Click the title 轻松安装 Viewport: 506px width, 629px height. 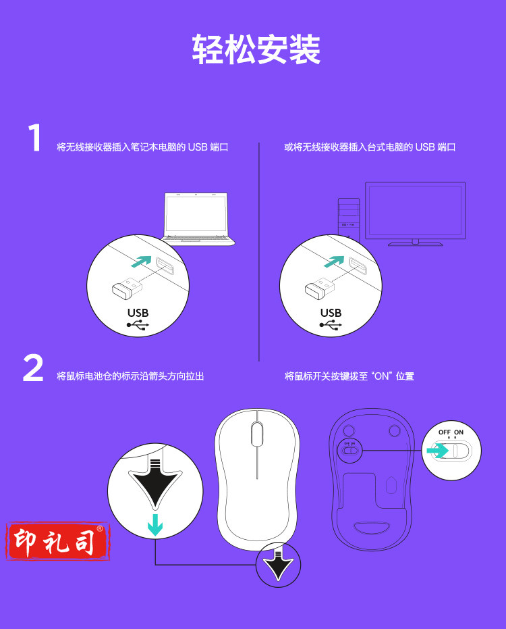coord(256,49)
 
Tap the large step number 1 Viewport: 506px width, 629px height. coord(34,138)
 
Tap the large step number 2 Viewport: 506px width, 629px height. coord(33,368)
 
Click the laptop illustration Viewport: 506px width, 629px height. coord(198,219)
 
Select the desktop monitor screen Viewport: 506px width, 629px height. coord(415,210)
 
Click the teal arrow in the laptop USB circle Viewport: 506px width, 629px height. coord(142,261)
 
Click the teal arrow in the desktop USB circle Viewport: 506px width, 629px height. coord(334,261)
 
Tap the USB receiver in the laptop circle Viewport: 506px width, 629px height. coord(127,288)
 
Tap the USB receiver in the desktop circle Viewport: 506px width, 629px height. coord(319,288)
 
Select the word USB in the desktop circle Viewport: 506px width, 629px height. coord(331,313)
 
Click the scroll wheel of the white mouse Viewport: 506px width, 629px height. coord(257,433)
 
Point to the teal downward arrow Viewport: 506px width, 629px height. coord(155,524)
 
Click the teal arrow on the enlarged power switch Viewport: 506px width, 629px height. coord(437,451)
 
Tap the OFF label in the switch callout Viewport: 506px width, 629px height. coord(445,432)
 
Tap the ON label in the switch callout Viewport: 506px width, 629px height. coord(459,432)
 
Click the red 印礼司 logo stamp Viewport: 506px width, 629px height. coord(58,541)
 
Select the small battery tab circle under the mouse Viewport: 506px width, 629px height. coord(278,565)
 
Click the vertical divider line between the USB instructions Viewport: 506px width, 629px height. coord(259,252)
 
